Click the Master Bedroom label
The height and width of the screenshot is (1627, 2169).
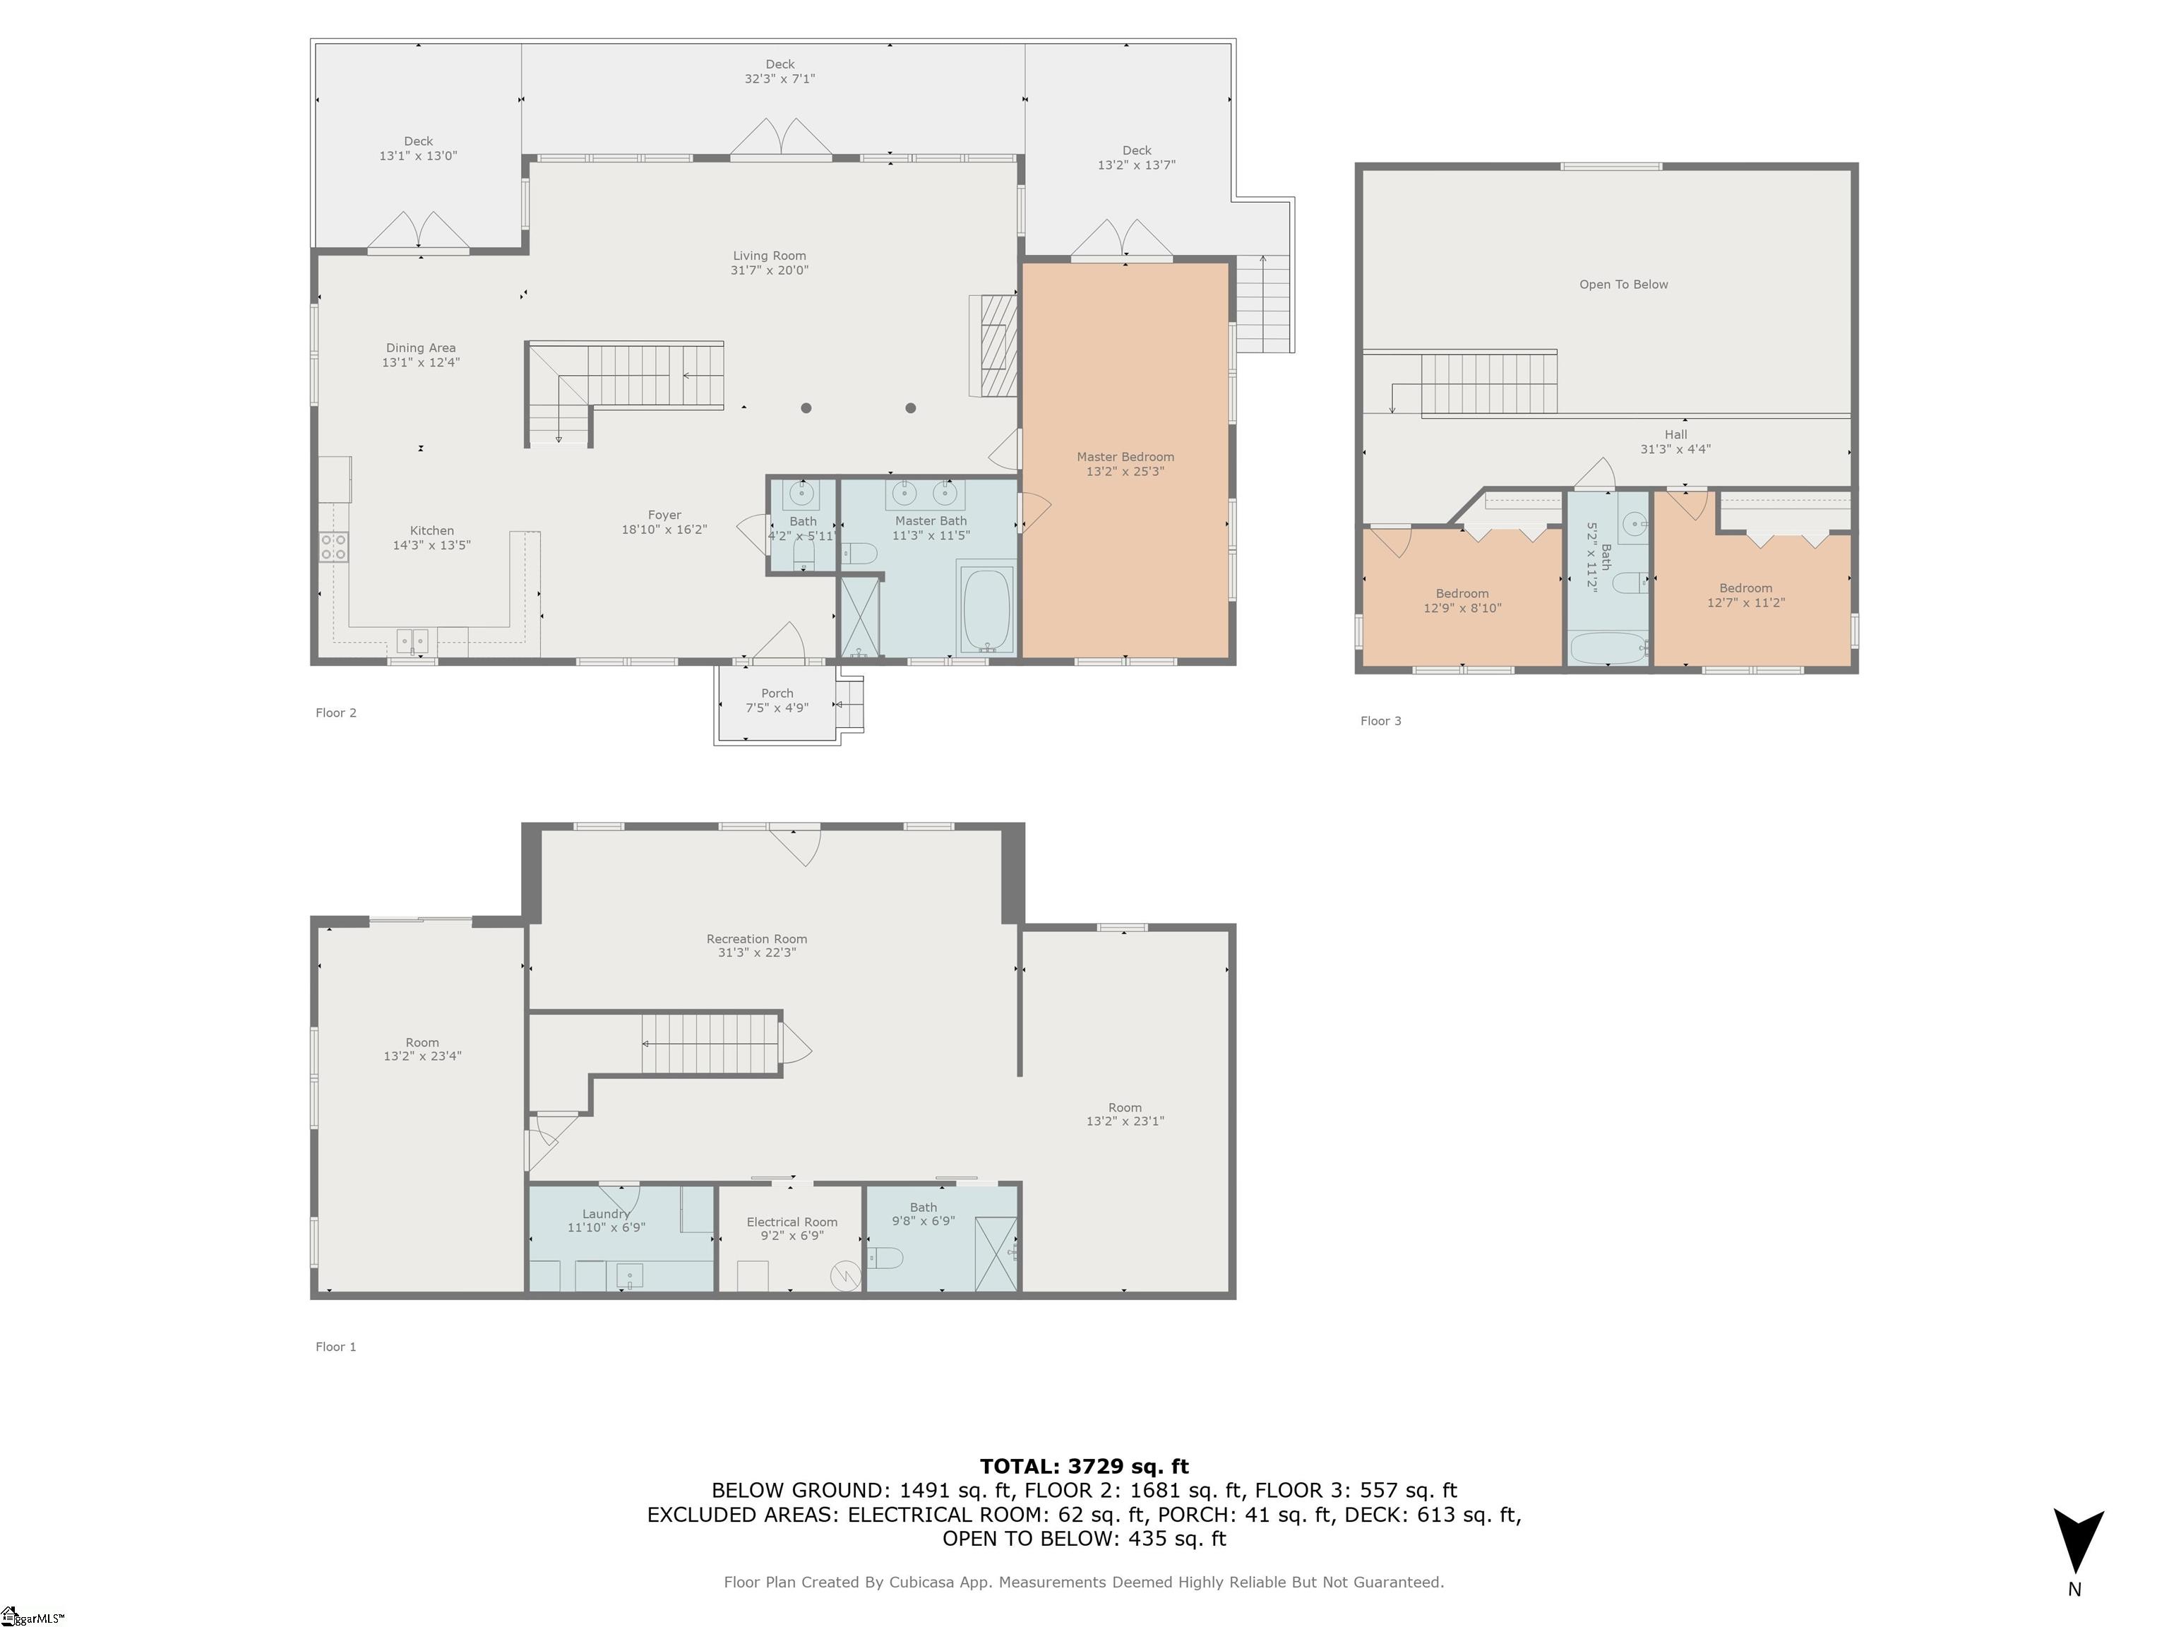(x=1125, y=457)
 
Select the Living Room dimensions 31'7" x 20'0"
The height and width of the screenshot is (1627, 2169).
(x=770, y=270)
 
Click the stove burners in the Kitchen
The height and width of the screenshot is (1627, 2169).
(x=333, y=547)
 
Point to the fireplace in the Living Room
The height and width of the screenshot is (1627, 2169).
(x=993, y=345)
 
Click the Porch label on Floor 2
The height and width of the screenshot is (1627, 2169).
(x=777, y=693)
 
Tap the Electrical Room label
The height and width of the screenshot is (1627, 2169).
(x=792, y=1222)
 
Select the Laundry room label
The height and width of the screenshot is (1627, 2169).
(x=606, y=1214)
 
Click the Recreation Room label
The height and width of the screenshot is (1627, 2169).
(x=757, y=939)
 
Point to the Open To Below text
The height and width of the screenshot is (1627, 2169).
(x=1624, y=285)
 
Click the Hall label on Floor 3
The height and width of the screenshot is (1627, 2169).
(x=1675, y=434)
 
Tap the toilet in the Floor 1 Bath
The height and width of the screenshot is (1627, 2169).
(x=885, y=1256)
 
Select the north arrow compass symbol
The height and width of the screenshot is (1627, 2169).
(x=2078, y=1542)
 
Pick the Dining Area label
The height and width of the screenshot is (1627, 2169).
(x=421, y=348)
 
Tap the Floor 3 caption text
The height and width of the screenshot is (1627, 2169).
(x=1380, y=721)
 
